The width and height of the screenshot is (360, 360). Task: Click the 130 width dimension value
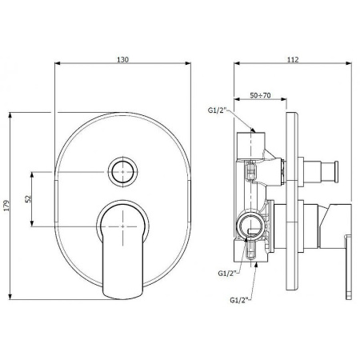coord(122,59)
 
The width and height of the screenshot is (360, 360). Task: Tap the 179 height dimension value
coord(6,206)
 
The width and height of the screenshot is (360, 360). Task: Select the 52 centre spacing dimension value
coord(28,199)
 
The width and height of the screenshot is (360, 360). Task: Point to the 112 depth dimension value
coord(293,59)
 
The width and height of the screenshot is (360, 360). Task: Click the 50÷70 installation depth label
coord(260,95)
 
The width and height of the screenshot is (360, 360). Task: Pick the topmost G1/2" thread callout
coord(217,110)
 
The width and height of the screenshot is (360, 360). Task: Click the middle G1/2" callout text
coord(227,274)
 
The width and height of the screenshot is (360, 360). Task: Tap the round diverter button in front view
coord(122,172)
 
